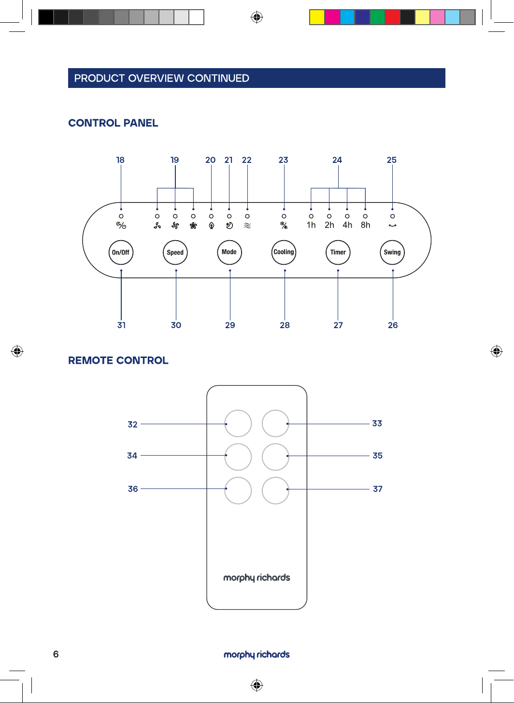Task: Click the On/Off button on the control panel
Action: (121, 252)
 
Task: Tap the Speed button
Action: (175, 252)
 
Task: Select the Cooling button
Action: (284, 252)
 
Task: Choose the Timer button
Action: (338, 252)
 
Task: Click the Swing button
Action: (392, 252)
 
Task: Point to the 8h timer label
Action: (365, 225)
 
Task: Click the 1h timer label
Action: (311, 225)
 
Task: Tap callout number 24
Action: (337, 160)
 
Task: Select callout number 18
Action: (120, 160)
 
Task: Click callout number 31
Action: (121, 325)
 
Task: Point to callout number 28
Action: (285, 325)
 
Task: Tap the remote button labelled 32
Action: (238, 423)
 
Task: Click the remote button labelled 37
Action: (275, 490)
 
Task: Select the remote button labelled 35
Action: (275, 457)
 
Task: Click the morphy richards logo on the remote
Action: (257, 578)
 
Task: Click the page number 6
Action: (56, 654)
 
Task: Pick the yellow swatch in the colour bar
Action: (317, 17)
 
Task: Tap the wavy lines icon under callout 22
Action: (247, 225)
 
